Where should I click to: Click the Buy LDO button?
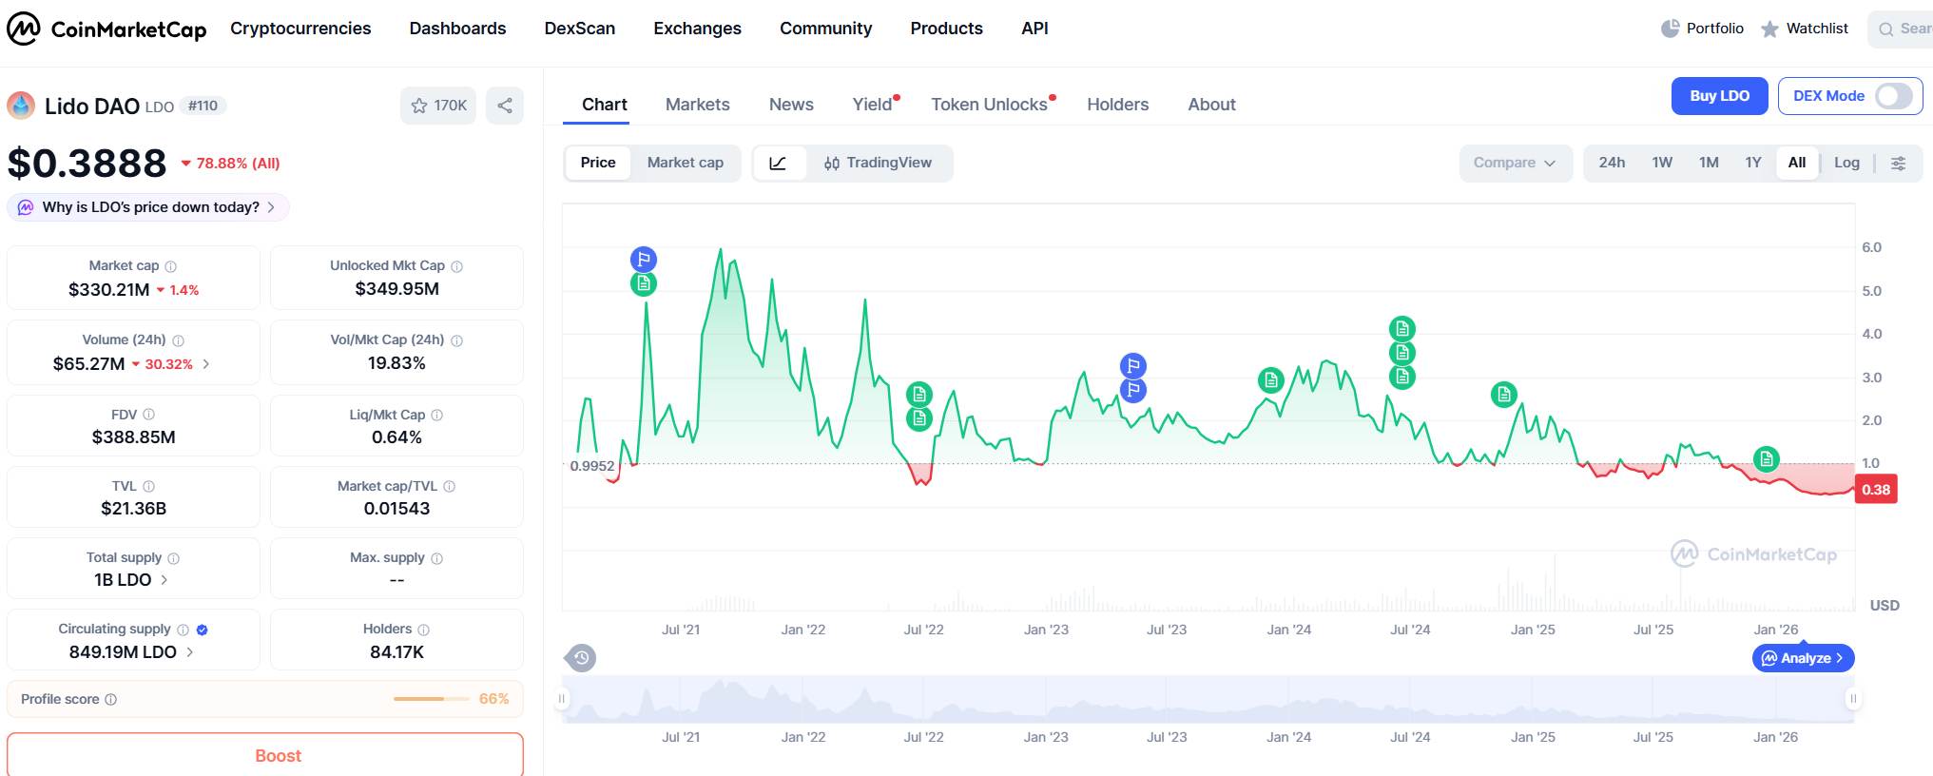[x=1719, y=96]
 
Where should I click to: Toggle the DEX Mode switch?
[x=1892, y=96]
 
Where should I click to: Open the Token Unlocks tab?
[x=989, y=105]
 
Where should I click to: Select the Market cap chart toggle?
[x=685, y=163]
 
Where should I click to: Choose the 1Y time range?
[x=1752, y=163]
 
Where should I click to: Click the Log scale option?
[x=1846, y=163]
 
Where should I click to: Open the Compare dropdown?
[x=1514, y=163]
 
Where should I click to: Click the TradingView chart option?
[x=878, y=163]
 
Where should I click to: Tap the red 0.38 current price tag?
[x=1875, y=490]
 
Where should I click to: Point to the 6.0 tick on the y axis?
[x=1871, y=247]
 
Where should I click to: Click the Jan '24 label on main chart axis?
[x=1288, y=630]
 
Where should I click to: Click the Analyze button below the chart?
[x=1803, y=658]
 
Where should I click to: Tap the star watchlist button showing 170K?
[x=438, y=106]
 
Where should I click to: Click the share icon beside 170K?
[x=505, y=106]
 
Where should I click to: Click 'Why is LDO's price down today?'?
[x=149, y=207]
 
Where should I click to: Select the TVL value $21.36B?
[x=133, y=509]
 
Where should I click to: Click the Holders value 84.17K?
[x=396, y=652]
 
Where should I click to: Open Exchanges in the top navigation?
[x=697, y=29]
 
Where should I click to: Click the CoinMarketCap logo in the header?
[x=106, y=29]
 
